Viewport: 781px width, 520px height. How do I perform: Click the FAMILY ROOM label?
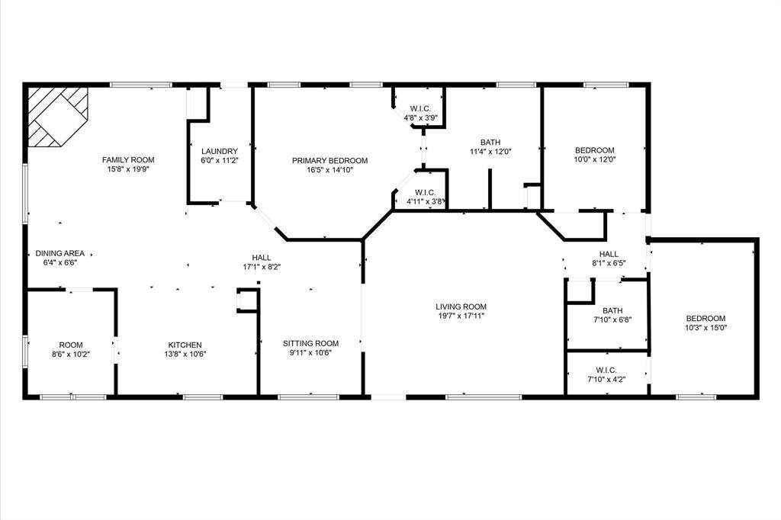coord(128,160)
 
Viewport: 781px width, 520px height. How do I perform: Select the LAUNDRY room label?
coord(220,152)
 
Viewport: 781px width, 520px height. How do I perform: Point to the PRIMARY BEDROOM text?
coord(329,161)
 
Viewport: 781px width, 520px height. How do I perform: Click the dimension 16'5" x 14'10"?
coord(329,170)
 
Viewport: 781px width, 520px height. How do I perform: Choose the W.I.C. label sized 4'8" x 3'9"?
coord(420,109)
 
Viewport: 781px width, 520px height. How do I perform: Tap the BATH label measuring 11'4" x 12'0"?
coord(490,143)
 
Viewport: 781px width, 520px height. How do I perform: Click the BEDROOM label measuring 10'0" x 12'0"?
coord(594,151)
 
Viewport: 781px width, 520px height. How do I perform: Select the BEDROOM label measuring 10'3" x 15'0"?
coord(705,319)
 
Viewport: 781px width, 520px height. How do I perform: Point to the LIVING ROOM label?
coord(461,307)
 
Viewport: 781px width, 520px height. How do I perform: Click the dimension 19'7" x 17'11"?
coord(461,316)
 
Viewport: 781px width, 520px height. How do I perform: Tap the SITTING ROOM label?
coord(310,344)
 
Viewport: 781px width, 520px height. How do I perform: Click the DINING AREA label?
coord(59,253)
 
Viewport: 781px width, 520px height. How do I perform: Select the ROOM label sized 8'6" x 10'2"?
coord(71,345)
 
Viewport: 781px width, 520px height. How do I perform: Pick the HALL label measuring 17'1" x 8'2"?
coord(262,258)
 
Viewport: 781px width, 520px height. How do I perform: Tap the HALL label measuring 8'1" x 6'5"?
coord(609,254)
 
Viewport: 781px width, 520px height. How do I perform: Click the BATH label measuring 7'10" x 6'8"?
coord(612,310)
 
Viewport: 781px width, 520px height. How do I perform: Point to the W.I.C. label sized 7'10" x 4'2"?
coord(606,370)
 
